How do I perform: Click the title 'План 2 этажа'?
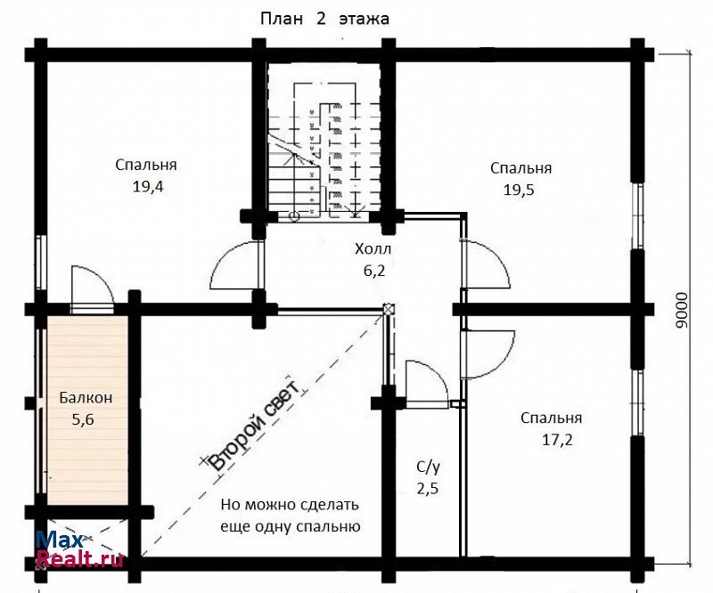tap(324, 19)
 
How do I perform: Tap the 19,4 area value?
tap(148, 186)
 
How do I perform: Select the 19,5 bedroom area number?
tap(519, 190)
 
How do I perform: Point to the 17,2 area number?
tap(557, 440)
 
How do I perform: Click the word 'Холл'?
tap(373, 249)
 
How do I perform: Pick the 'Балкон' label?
tap(86, 398)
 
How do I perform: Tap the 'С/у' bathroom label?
tap(428, 467)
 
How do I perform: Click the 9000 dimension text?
tap(682, 310)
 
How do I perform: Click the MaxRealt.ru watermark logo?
tap(79, 548)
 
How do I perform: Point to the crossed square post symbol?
tap(388, 309)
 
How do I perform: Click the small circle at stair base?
tap(294, 216)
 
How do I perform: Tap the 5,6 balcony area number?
tap(83, 419)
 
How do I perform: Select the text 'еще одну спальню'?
tap(291, 526)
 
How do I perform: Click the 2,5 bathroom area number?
tap(428, 489)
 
